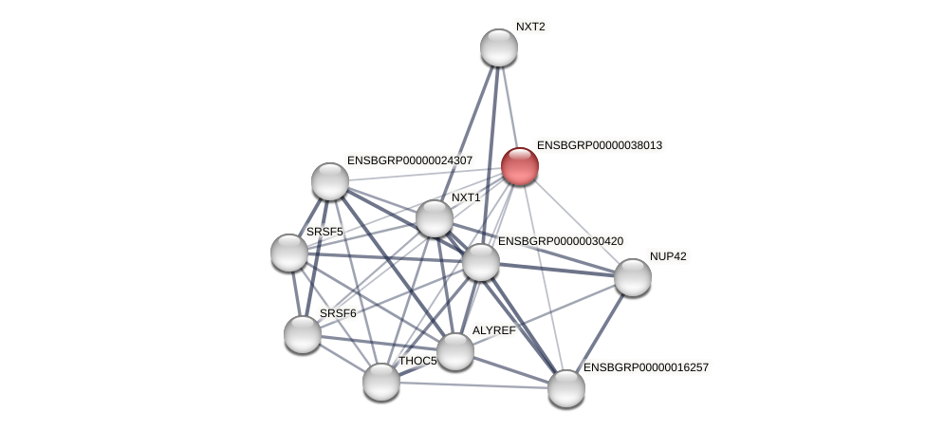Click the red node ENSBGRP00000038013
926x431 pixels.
(x=520, y=166)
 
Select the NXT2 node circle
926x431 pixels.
(x=499, y=47)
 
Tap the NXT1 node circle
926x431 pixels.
(x=435, y=218)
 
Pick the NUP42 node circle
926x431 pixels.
(x=633, y=277)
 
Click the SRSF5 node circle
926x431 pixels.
(x=289, y=253)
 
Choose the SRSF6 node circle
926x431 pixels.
(x=303, y=334)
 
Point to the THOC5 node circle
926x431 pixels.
(x=381, y=382)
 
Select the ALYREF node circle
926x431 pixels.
(x=455, y=351)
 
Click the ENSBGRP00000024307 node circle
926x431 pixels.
(x=330, y=181)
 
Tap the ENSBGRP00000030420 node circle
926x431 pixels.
(x=481, y=262)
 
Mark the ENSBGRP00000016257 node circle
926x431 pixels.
(x=566, y=387)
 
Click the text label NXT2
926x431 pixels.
(x=530, y=27)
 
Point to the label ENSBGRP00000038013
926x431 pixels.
(x=600, y=145)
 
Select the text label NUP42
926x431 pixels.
(x=668, y=256)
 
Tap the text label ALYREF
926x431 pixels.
(x=494, y=330)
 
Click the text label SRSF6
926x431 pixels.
(x=338, y=313)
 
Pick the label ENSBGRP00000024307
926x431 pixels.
(x=410, y=160)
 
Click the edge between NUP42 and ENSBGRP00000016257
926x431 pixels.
(x=600, y=332)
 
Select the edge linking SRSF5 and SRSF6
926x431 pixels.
(x=296, y=293)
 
